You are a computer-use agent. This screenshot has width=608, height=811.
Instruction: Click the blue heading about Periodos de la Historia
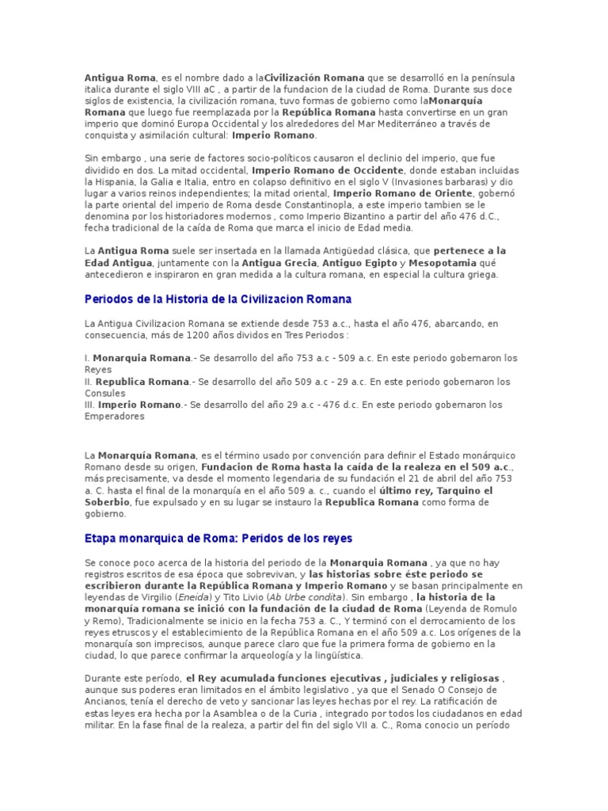[218, 299]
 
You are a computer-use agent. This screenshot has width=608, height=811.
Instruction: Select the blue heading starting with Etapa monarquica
[218, 539]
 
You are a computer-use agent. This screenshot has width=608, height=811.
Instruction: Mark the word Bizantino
[373, 216]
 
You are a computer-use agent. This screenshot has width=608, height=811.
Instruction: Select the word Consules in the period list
[104, 393]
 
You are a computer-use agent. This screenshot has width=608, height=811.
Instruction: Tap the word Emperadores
[114, 416]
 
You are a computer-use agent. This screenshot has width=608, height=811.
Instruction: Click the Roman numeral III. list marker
[89, 405]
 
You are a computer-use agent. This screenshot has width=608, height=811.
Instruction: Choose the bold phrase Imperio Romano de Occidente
[328, 170]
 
